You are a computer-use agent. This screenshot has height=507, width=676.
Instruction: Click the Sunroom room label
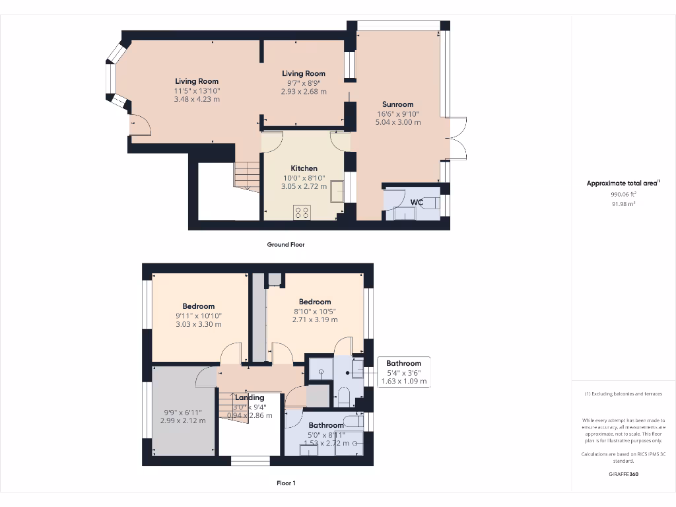coord(397,104)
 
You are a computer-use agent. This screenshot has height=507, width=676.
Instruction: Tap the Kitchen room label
coord(304,168)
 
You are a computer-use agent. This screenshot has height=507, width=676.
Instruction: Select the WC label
coord(417,202)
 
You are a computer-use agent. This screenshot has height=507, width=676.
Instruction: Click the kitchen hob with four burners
coord(302,212)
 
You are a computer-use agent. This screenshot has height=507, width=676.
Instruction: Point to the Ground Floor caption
coord(285,244)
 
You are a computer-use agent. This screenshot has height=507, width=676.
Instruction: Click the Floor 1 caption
coord(285,483)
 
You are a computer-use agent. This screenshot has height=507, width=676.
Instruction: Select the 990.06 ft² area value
coord(623,195)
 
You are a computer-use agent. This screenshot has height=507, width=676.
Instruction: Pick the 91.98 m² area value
coord(623,204)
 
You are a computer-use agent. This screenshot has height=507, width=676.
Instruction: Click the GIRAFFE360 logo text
coord(623,474)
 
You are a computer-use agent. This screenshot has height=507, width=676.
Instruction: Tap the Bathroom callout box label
coord(403,363)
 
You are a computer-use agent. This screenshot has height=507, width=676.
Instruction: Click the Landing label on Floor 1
coord(250,397)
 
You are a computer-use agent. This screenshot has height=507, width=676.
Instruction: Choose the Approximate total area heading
coord(623,184)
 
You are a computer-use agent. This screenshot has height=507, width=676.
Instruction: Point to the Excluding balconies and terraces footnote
coord(623,394)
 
